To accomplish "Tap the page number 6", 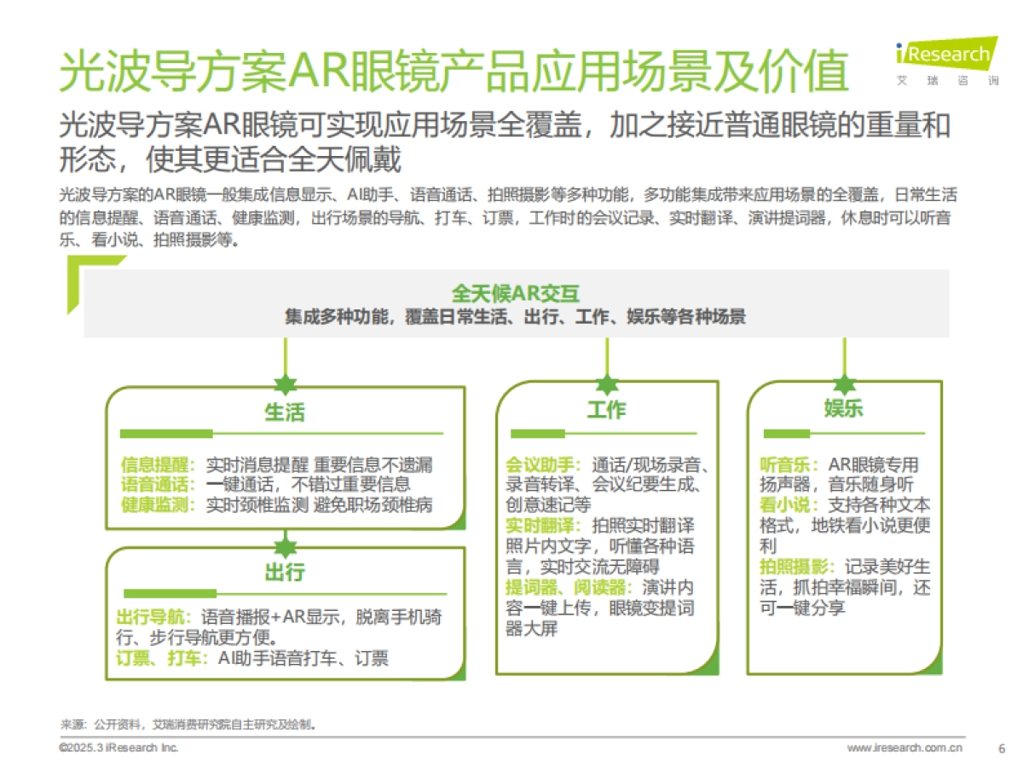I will click(x=1001, y=748).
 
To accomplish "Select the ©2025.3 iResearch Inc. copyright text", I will click(x=118, y=748).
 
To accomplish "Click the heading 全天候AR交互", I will click(x=516, y=294).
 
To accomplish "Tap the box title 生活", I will click(x=285, y=412).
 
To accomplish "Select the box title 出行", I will click(x=285, y=572).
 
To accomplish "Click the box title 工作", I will click(x=606, y=410).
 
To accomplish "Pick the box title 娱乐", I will click(x=843, y=408).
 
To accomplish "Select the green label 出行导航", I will click(x=153, y=617).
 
